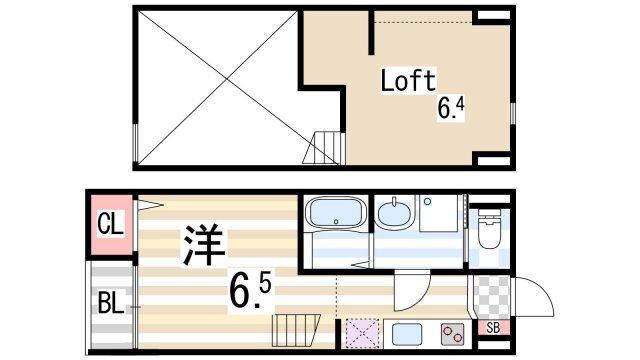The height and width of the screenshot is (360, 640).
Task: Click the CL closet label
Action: [x=110, y=224]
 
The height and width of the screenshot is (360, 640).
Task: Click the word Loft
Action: [x=407, y=81]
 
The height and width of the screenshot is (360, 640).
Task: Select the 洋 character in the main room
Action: [x=202, y=246]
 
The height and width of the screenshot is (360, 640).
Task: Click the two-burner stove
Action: [x=452, y=333]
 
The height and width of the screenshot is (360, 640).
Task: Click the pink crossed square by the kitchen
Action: [x=361, y=332]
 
